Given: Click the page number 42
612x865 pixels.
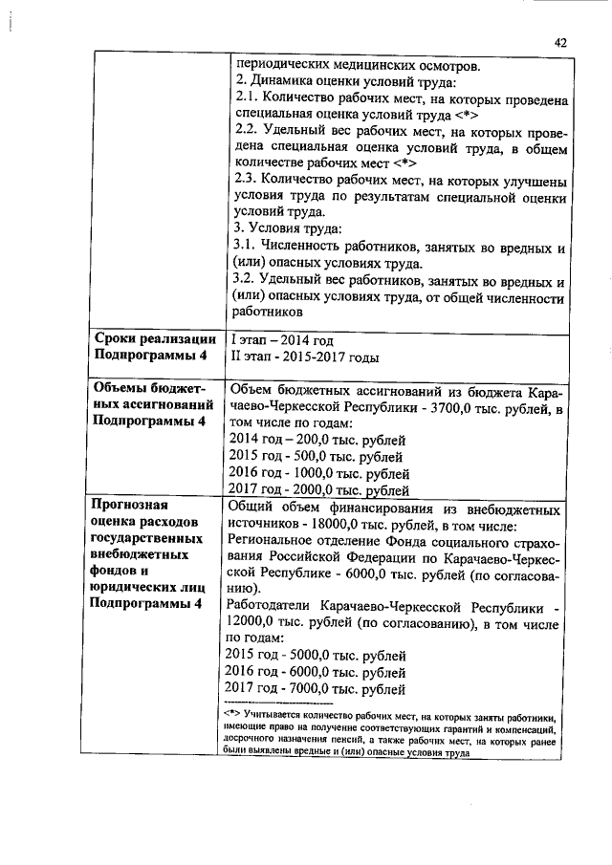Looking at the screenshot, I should point(560,42).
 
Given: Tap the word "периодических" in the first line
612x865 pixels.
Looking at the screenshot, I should point(279,66).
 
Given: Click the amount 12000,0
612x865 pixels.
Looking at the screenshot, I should point(251,622).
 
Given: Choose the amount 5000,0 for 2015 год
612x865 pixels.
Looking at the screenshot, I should point(314,656).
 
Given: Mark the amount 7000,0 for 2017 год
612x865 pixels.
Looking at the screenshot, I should point(314,688).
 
